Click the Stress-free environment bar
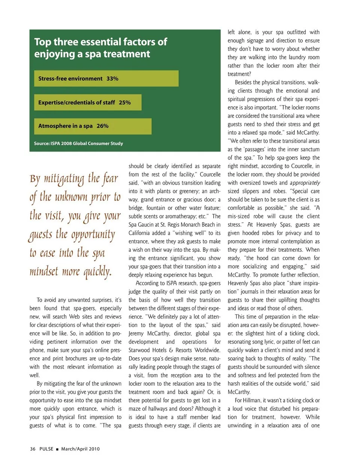pyautogui.click(x=106, y=78)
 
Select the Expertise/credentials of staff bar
pyautogui.click(x=88, y=102)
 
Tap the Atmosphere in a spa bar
pyautogui.click(x=93, y=126)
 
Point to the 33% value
pyautogui.click(x=112, y=79)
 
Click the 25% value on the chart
pyautogui.click(x=125, y=102)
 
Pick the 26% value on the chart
pyautogui.click(x=102, y=126)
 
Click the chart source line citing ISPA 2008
pyautogui.click(x=78, y=143)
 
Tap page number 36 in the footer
pyautogui.click(x=33, y=449)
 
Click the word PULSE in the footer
pyautogui.click(x=46, y=449)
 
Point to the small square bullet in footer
pyautogui.click(x=57, y=449)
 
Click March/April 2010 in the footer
pyautogui.click(x=80, y=449)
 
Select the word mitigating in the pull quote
pyautogui.click(x=64, y=179)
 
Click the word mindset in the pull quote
pyautogui.click(x=44, y=271)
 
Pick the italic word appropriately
pyautogui.click(x=304, y=183)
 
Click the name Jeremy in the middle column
pyautogui.click(x=136, y=333)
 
